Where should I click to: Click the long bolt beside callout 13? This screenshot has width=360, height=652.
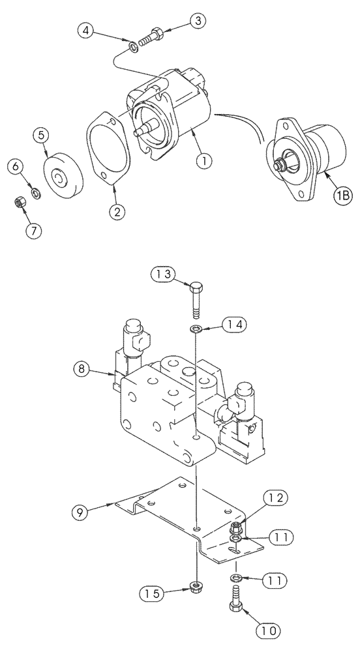click(x=196, y=300)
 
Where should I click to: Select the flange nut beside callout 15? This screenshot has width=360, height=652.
click(x=195, y=586)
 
